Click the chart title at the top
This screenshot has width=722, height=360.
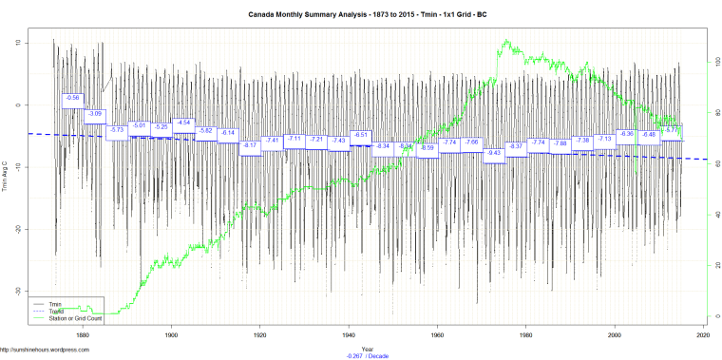tap(361, 15)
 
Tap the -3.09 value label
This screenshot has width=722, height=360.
tap(95, 114)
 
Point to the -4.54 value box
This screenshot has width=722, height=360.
tap(183, 123)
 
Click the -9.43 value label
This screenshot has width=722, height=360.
tap(494, 153)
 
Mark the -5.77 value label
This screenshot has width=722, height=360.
tap(672, 129)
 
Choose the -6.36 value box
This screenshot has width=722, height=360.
tap(626, 134)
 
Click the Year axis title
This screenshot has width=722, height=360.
tap(367, 348)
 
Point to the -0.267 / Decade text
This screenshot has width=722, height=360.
tap(367, 355)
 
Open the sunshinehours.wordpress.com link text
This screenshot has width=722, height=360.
tap(45, 350)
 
